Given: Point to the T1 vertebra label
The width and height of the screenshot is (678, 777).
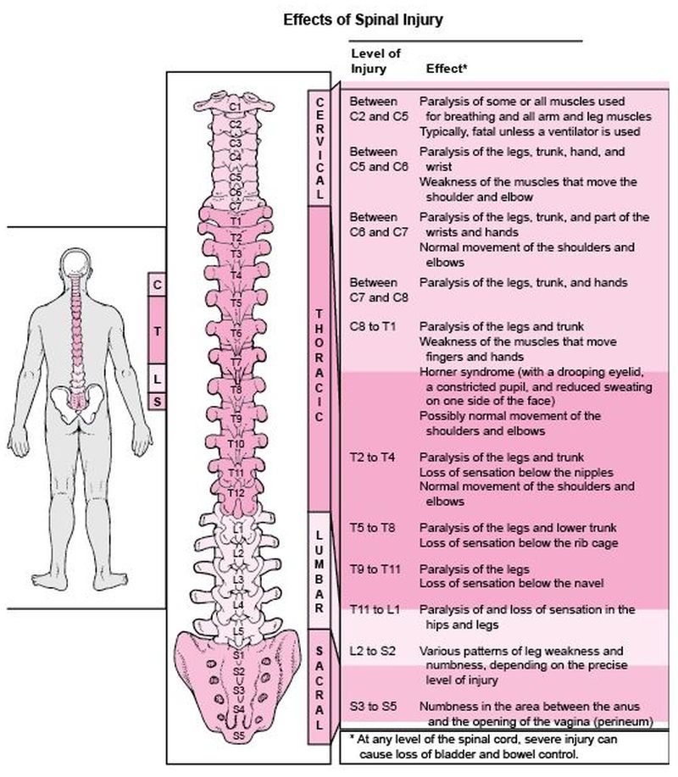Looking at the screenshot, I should (x=236, y=221).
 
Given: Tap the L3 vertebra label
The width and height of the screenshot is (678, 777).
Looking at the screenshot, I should (x=237, y=580).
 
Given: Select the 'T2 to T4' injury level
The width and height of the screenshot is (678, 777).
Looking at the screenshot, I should (x=373, y=458).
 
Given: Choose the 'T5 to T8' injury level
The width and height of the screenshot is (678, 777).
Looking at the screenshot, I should (x=373, y=528).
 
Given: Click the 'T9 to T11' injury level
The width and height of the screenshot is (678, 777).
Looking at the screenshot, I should (x=375, y=569).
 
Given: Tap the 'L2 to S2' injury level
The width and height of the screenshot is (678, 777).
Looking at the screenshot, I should (x=373, y=650).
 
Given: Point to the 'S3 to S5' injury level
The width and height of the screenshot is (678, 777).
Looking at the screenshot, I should (x=373, y=707).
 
